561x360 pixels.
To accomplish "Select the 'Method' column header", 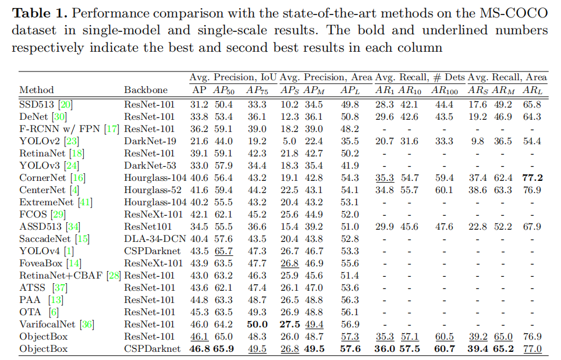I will [37, 90].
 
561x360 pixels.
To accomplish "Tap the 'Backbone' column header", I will [145, 90].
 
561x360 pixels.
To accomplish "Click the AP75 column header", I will [256, 90].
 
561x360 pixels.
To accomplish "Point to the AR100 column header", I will [445, 90].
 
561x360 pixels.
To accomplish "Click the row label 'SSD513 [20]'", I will [46, 105].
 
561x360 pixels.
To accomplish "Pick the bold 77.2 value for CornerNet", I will [532, 178].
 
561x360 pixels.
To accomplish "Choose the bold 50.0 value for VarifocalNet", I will [257, 325].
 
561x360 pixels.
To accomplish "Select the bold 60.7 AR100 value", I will [445, 349].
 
